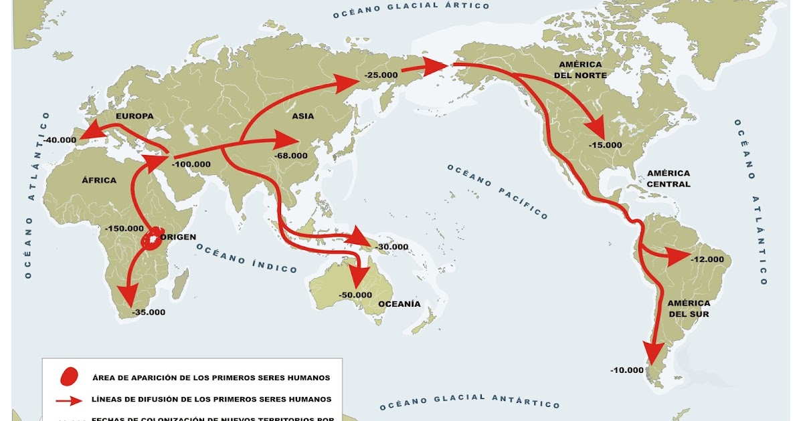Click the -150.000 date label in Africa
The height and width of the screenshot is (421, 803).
pyautogui.click(x=124, y=228)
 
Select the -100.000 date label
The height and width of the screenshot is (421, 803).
pyautogui.click(x=191, y=164)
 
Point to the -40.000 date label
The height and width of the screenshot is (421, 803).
pyautogui.click(x=59, y=140)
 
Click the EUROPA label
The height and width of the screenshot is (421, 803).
pyautogui.click(x=135, y=116)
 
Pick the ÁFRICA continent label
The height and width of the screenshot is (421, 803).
pyautogui.click(x=99, y=180)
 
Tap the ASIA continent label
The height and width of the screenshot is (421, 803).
pyautogui.click(x=303, y=116)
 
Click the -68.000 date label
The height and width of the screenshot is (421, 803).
pyautogui.click(x=291, y=156)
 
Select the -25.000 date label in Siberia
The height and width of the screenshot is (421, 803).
pyautogui.click(x=382, y=76)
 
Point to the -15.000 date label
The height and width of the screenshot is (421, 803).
pyautogui.click(x=606, y=145)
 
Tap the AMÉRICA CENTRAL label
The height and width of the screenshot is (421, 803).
pyautogui.click(x=668, y=178)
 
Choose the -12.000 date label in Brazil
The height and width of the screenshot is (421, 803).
pyautogui.click(x=707, y=259)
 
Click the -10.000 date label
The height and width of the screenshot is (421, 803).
pyautogui.click(x=627, y=370)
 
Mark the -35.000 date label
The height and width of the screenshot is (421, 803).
pyautogui.click(x=149, y=312)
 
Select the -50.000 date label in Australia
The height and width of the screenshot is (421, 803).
pyautogui.click(x=355, y=295)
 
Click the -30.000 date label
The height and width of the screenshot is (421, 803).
pyautogui.click(x=391, y=247)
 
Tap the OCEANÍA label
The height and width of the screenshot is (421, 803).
pyautogui.click(x=399, y=304)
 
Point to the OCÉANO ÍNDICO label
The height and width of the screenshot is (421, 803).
pyautogui.click(x=246, y=258)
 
